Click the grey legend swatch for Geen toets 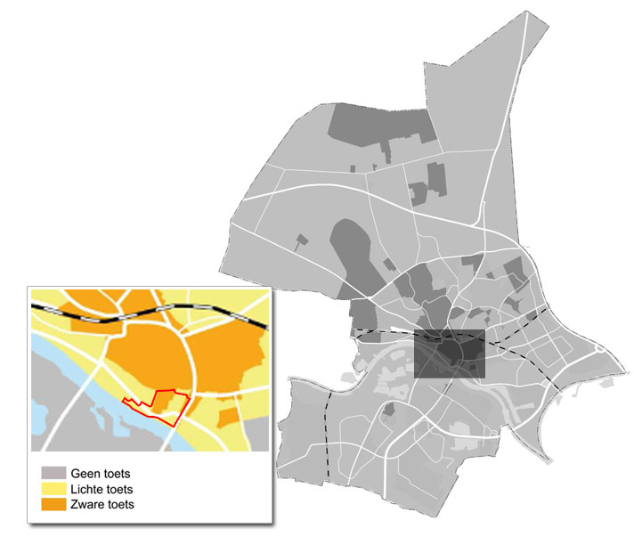[54, 473]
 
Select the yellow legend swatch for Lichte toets [54, 489]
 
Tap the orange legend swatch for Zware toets [54, 505]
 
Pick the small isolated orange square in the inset [228, 416]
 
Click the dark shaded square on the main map [450, 354]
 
